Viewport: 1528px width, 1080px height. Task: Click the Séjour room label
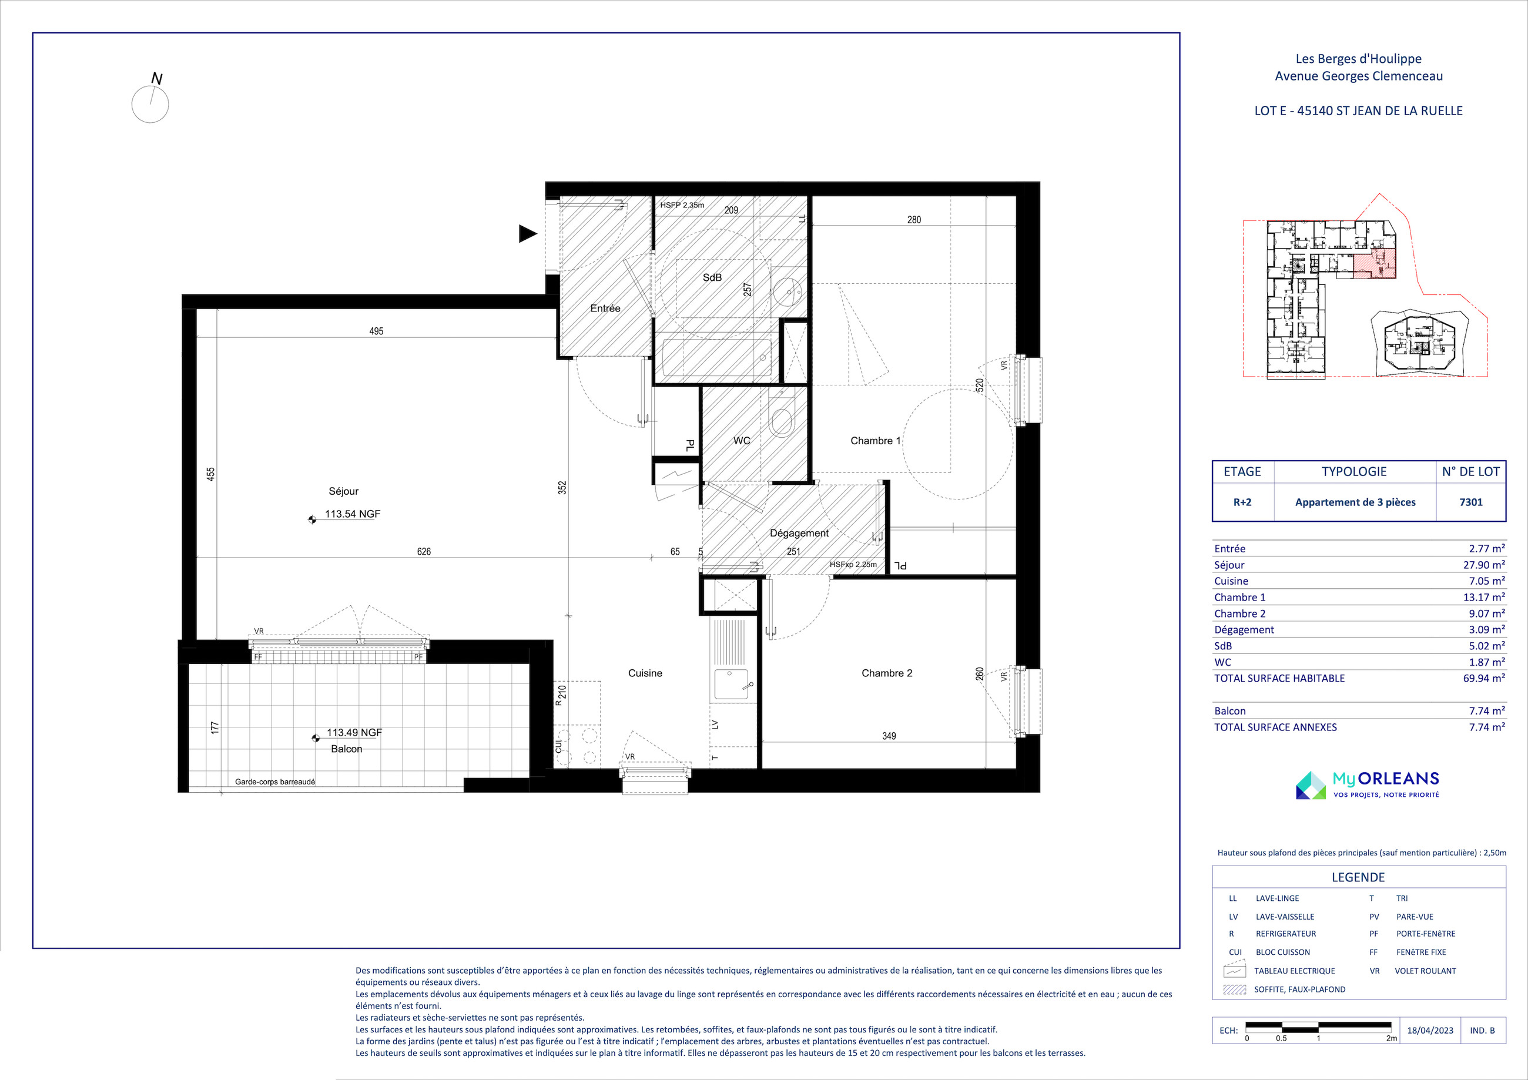[x=343, y=491]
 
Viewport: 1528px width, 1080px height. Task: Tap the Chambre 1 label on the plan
[x=875, y=441]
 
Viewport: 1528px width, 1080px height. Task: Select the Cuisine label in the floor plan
[x=645, y=673]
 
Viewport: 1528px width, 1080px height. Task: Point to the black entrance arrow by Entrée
[x=528, y=233]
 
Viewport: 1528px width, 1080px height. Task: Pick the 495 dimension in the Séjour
[x=376, y=331]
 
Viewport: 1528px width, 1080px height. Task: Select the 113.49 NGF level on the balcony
[x=354, y=732]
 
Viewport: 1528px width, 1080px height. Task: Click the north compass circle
[x=150, y=105]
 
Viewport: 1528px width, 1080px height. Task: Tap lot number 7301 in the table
[x=1471, y=502]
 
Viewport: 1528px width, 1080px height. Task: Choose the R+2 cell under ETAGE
[x=1242, y=502]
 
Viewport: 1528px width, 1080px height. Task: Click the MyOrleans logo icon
[x=1311, y=785]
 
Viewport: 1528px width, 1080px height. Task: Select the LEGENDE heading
[x=1358, y=877]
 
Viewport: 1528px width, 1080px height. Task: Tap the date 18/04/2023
[x=1430, y=1030]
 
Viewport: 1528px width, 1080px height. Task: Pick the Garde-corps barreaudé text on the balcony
[x=275, y=782]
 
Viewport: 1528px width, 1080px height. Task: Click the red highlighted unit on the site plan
[x=1374, y=266]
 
